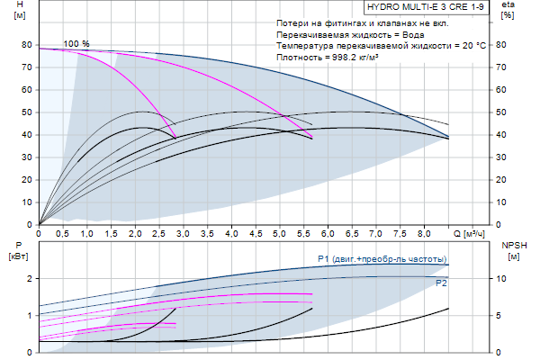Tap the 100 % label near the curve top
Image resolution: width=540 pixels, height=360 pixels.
[x=76, y=44]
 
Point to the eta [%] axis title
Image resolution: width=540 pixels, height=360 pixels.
[x=508, y=11]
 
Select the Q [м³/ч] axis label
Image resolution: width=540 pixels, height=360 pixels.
[x=469, y=233]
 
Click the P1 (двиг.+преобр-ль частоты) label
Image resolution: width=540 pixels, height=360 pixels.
[x=382, y=259]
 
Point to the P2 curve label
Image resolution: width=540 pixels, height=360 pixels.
[x=441, y=283]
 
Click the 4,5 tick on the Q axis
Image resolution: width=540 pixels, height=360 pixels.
[x=255, y=233]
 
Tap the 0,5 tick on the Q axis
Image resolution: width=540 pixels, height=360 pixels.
[x=63, y=233]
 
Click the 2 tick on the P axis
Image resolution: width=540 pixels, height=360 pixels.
[x=30, y=279]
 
